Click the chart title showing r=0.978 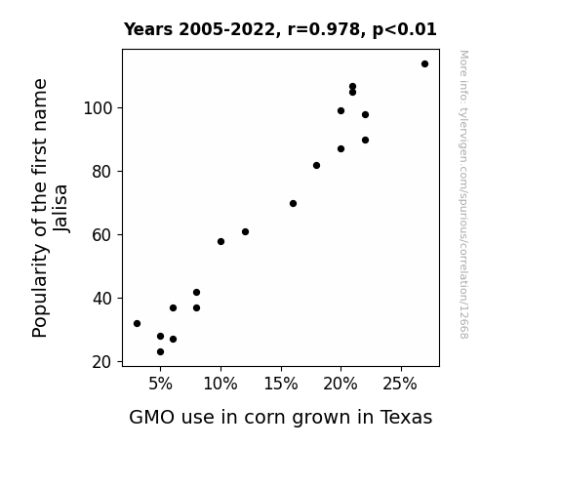(x=280, y=29)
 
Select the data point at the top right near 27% (x=424, y=64)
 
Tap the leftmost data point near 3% (x=137, y=324)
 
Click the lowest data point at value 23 (x=160, y=352)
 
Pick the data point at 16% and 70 (x=293, y=204)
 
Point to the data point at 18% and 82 (x=316, y=165)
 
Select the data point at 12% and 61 (x=245, y=232)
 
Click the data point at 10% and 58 (x=220, y=242)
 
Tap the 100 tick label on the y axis (x=98, y=108)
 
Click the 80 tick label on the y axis (x=102, y=172)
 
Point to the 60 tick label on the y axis (x=102, y=235)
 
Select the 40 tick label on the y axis (x=102, y=299)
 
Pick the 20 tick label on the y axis (x=102, y=362)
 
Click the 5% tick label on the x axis (x=160, y=385)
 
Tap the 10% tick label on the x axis (x=220, y=385)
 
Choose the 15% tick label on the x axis (x=281, y=385)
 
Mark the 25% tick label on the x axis (x=400, y=385)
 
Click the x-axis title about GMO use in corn (x=281, y=418)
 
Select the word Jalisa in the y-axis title (x=60, y=208)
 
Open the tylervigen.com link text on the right (x=463, y=194)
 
